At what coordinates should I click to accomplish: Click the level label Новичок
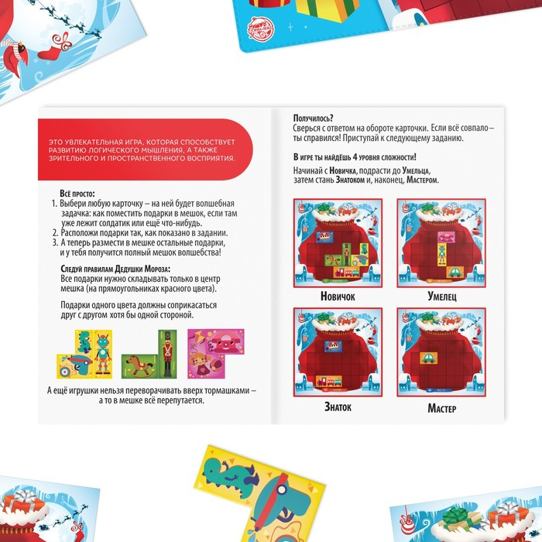coord(338,297)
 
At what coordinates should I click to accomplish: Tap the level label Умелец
coord(442,297)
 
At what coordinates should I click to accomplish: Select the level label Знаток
coord(338,406)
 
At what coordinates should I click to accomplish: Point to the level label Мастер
coord(442,408)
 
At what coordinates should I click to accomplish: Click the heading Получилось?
coord(313,118)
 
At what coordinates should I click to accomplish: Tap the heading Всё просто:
coord(77,194)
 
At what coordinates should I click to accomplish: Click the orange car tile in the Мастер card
coord(429,358)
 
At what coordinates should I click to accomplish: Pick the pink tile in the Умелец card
coord(446,237)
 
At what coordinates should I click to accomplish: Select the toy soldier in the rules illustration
coord(167,354)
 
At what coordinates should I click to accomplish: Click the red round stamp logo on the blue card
coord(261,29)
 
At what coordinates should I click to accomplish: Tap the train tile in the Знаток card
coord(329,382)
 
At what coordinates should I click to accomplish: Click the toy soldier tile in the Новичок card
coord(346,254)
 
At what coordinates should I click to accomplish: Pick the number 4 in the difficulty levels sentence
coord(355,157)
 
